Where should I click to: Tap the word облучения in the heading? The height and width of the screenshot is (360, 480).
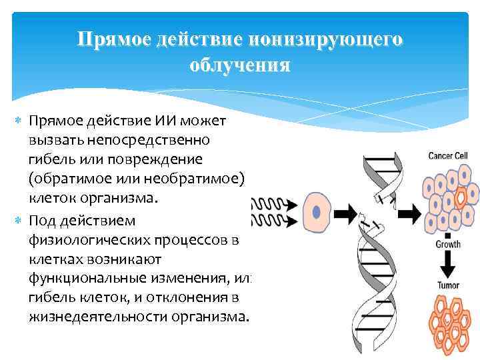tap(239, 65)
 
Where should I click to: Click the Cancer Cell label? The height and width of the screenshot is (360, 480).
tap(448, 156)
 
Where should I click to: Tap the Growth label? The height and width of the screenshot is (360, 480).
tap(447, 245)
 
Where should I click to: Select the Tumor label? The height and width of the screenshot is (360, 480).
tap(447, 286)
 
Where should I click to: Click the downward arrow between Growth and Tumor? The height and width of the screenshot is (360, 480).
tap(447, 265)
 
